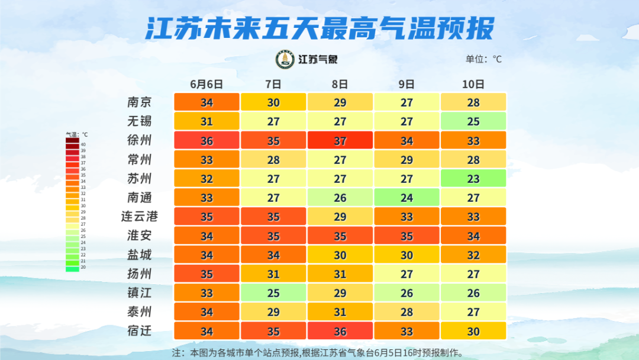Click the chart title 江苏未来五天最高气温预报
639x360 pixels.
tap(319, 28)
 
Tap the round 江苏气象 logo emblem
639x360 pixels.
tap(285, 59)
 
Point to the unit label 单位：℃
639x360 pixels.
tap(483, 59)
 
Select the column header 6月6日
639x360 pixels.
tap(206, 84)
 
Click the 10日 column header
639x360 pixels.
tap(473, 84)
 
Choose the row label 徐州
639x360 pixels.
tap(140, 140)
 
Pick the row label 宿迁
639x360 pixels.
tap(140, 330)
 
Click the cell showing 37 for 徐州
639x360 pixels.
tap(340, 140)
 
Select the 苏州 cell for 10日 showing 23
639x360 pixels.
tap(473, 178)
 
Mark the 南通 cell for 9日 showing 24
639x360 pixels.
tap(406, 197)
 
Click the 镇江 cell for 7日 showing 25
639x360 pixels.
tap(273, 292)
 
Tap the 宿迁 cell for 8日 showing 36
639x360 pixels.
tap(340, 330)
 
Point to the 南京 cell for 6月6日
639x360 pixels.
tap(206, 102)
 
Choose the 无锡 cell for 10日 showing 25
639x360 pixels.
tap(473, 121)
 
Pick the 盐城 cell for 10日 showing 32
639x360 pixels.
tap(473, 255)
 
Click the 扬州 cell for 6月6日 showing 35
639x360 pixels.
tap(206, 274)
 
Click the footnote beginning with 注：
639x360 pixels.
tap(317, 352)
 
